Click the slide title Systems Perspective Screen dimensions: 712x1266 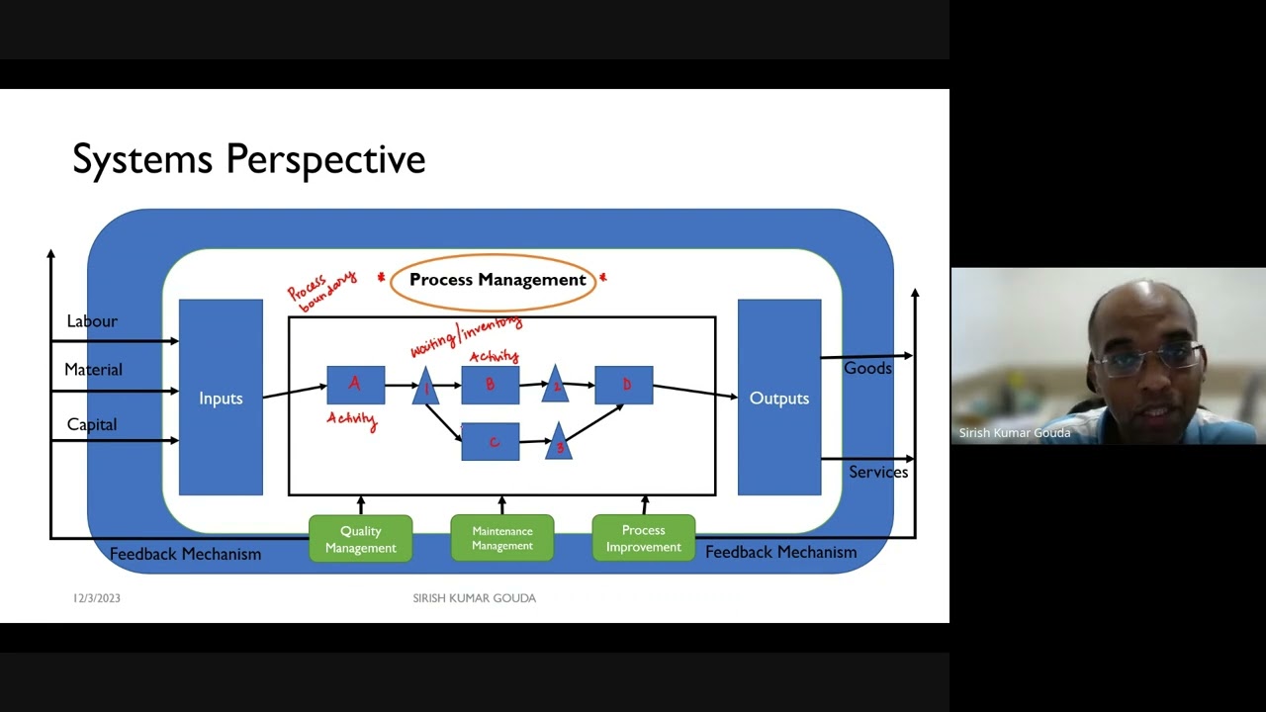248,159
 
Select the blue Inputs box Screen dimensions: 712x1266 221,398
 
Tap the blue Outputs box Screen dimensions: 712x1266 779,398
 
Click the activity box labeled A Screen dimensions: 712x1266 355,385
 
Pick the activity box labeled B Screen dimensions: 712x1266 490,385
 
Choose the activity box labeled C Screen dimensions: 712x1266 490,442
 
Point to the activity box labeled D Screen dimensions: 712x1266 623,385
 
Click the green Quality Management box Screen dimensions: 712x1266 360,539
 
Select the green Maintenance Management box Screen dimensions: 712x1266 501,539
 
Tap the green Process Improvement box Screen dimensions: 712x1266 643,539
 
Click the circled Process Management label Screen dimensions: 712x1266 497,280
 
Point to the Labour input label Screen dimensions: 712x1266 92,321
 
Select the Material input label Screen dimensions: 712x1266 93,370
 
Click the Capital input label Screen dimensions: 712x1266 92,424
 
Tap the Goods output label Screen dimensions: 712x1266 867,368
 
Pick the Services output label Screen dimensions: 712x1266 878,472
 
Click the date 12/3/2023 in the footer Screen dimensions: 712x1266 97,598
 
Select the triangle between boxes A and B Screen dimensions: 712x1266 425,387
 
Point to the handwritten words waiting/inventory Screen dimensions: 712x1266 465,336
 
